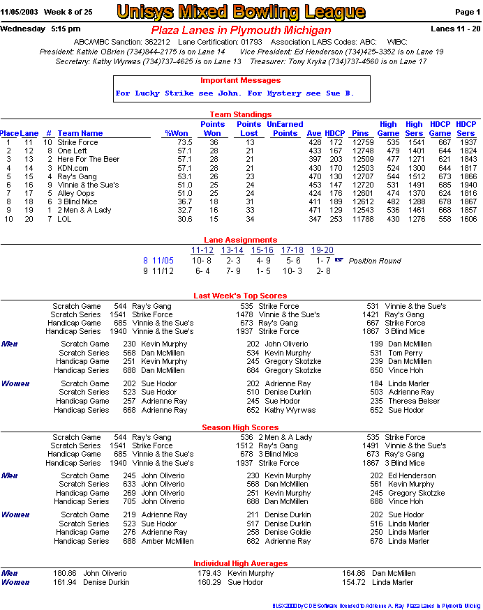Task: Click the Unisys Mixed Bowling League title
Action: pos(241,12)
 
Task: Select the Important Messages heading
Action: pos(240,80)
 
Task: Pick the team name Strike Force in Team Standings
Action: pos(77,142)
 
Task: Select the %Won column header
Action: pos(177,133)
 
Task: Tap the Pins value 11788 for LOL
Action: pos(363,218)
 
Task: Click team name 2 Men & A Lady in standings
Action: pos(84,210)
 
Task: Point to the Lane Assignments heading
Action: pos(240,240)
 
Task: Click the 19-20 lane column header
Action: pos(322,250)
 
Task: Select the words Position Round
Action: pos(375,261)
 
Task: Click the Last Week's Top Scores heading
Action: pos(240,296)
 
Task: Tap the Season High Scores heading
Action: pos(240,427)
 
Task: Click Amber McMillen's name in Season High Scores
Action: pos(168,541)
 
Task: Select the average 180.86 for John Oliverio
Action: pos(65,573)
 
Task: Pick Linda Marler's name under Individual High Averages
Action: pos(394,581)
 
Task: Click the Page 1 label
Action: pos(468,13)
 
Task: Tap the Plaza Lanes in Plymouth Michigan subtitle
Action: pos(241,31)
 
